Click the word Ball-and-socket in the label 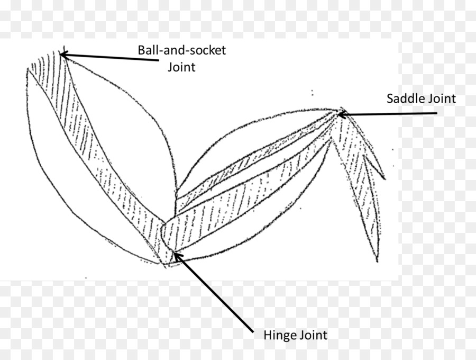pyautogui.click(x=181, y=51)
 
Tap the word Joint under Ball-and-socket pyautogui.click(x=181, y=67)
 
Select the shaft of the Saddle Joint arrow pyautogui.click(x=391, y=113)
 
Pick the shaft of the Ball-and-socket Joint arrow pyautogui.click(x=111, y=57)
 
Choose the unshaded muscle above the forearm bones pyautogui.click(x=238, y=148)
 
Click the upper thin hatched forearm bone pyautogui.click(x=249, y=164)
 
